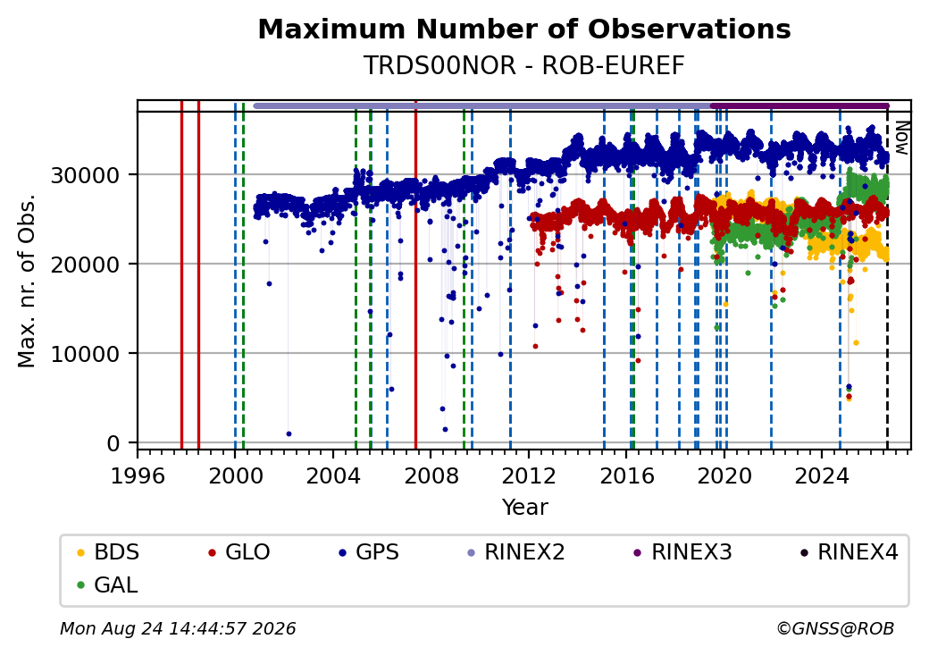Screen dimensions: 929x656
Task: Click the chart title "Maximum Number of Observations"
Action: point(524,29)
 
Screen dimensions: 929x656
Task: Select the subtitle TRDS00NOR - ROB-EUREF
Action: point(524,66)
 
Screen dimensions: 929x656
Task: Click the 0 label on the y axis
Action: point(113,443)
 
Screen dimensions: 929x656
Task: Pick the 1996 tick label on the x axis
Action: point(138,475)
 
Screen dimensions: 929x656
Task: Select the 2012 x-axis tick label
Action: point(529,475)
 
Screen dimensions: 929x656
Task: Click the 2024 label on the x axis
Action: point(822,475)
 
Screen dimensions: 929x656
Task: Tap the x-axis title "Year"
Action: point(525,508)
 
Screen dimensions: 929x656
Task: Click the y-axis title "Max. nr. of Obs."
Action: point(27,281)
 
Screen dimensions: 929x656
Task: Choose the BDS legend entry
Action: point(108,552)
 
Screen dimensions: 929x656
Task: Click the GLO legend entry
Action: point(239,552)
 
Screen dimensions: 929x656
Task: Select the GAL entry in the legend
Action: point(108,585)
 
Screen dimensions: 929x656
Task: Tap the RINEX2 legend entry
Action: point(515,552)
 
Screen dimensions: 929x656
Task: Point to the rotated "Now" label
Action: point(901,138)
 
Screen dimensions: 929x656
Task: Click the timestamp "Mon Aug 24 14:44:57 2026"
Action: point(178,628)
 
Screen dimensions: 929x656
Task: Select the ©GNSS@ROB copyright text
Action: point(835,628)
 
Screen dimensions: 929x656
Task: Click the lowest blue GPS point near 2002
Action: point(289,433)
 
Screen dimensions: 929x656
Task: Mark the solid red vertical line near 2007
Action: point(416,275)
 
